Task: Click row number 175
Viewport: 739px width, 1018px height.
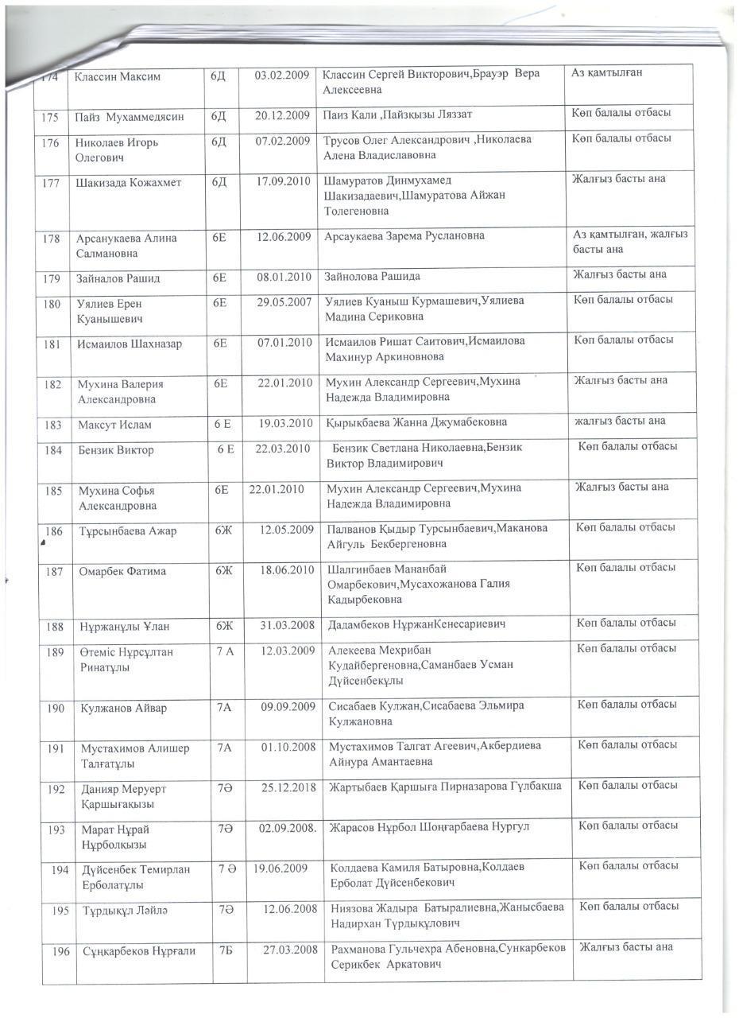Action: tap(52, 117)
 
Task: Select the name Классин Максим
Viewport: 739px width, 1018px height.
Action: tap(118, 77)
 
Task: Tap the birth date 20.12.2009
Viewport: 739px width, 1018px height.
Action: tap(282, 116)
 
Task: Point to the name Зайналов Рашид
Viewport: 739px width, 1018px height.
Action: tap(118, 278)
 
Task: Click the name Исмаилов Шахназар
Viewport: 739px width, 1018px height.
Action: tap(130, 344)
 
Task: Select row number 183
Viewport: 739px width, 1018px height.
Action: tap(54, 425)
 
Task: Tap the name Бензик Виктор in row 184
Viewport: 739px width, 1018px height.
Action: tap(116, 450)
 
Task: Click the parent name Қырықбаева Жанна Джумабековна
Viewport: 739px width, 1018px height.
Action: tap(416, 422)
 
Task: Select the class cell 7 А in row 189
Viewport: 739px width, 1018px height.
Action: tap(225, 652)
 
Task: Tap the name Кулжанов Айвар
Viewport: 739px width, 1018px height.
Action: tap(124, 708)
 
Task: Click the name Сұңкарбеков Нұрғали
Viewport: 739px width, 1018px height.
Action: tap(139, 950)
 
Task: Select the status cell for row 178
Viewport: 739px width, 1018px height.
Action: tap(630, 242)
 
